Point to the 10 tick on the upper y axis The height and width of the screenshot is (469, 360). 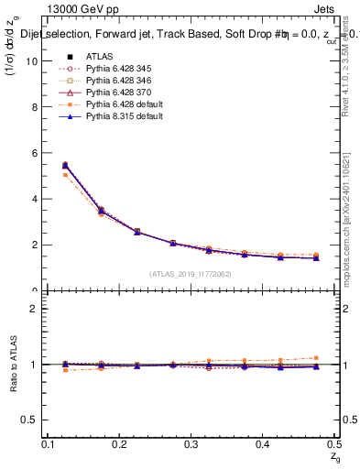click(x=34, y=60)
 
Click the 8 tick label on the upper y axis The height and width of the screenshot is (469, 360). click(x=36, y=106)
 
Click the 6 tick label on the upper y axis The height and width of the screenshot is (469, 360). click(x=36, y=152)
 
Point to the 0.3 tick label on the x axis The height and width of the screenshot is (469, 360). click(x=190, y=444)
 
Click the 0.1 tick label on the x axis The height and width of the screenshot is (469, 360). click(x=48, y=444)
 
